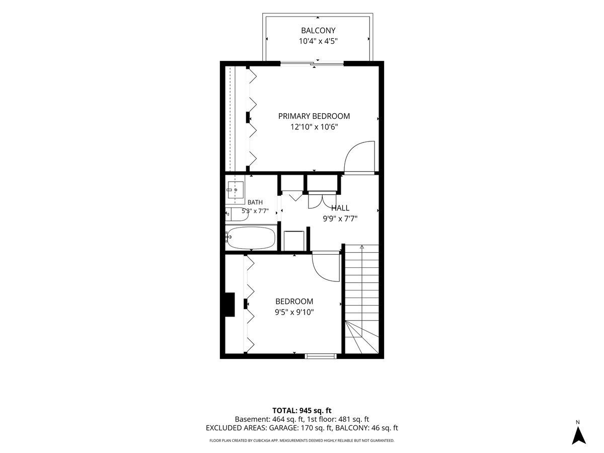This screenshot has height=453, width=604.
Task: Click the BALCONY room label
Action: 318,30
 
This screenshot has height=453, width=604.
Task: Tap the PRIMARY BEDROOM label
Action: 314,116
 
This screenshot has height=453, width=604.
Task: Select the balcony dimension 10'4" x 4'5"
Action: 318,41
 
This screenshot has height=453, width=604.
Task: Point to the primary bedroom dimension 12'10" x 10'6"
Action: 314,127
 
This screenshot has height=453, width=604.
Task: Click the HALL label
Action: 340,208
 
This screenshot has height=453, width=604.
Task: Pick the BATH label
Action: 255,202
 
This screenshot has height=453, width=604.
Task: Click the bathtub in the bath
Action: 251,238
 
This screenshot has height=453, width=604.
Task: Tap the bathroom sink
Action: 235,190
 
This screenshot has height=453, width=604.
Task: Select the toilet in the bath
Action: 237,214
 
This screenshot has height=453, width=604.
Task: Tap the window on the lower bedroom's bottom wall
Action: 321,356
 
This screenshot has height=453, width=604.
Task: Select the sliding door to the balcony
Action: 312,64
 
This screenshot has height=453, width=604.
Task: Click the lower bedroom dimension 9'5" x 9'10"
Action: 294,312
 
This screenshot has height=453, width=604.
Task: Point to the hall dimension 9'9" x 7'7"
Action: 340,219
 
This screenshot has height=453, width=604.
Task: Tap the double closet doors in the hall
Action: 322,201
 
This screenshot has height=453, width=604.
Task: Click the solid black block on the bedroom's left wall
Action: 230,305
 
